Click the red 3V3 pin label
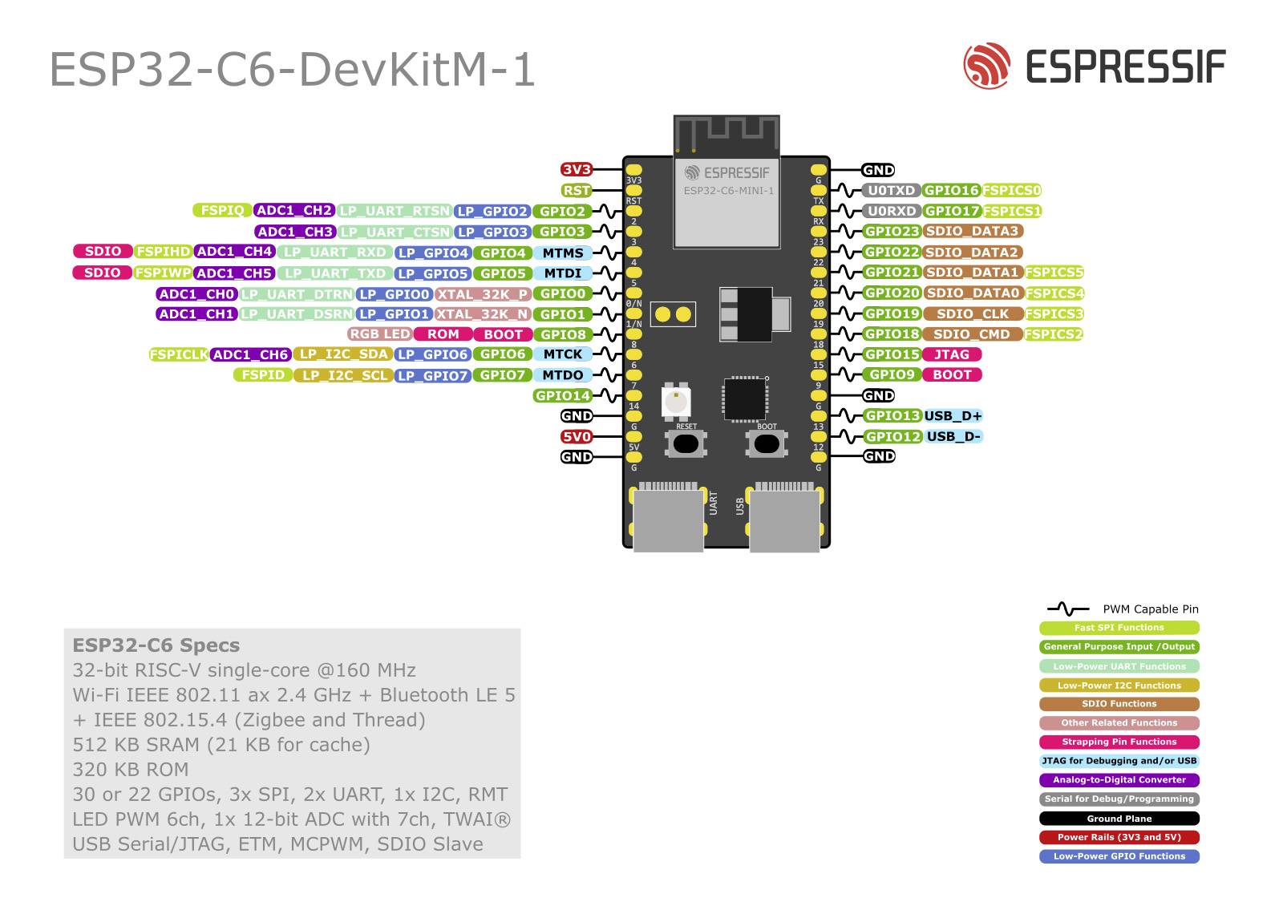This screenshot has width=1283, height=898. click(576, 170)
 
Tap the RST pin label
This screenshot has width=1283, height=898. click(576, 191)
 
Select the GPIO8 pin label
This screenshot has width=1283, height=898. click(562, 334)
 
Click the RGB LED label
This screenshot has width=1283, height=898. click(379, 334)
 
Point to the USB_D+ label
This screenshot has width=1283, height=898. click(953, 416)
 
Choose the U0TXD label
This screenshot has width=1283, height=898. click(891, 191)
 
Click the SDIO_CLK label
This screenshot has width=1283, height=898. click(973, 314)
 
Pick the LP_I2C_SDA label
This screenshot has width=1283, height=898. click(343, 354)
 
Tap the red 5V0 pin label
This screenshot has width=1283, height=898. click(576, 437)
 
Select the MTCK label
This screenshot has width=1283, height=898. click(562, 354)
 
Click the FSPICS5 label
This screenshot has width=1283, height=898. click(1054, 273)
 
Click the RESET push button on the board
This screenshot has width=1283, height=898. click(686, 443)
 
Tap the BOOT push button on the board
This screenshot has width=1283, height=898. click(767, 443)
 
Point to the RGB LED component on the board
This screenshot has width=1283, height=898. click(676, 400)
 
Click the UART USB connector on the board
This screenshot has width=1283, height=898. click(668, 518)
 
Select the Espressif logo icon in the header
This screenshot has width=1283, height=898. click(986, 66)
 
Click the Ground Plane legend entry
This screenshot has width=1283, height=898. click(1119, 819)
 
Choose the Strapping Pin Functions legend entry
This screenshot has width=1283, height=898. click(1119, 742)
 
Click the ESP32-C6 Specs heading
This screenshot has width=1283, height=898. click(156, 645)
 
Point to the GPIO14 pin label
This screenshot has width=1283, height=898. click(562, 396)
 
